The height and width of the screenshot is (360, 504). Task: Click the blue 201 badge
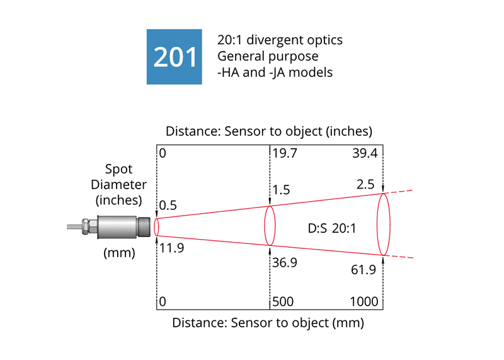tap(175, 57)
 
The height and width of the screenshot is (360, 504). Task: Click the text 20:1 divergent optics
tap(280, 40)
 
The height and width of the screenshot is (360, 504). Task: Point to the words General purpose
tap(267, 56)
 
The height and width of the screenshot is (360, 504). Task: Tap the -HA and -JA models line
tap(275, 72)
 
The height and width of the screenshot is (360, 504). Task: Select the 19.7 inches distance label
tap(284, 153)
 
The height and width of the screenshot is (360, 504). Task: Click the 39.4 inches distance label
tap(366, 153)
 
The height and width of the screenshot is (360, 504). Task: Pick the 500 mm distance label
tap(285, 302)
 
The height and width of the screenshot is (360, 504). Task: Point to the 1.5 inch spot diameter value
tap(282, 190)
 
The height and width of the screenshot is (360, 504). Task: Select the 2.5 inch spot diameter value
tap(365, 184)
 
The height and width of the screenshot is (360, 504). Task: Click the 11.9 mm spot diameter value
tap(171, 248)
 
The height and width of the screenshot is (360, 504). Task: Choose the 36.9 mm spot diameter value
tap(285, 263)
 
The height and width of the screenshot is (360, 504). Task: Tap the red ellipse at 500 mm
tap(270, 226)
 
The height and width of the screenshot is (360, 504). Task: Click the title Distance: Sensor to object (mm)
tap(268, 323)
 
